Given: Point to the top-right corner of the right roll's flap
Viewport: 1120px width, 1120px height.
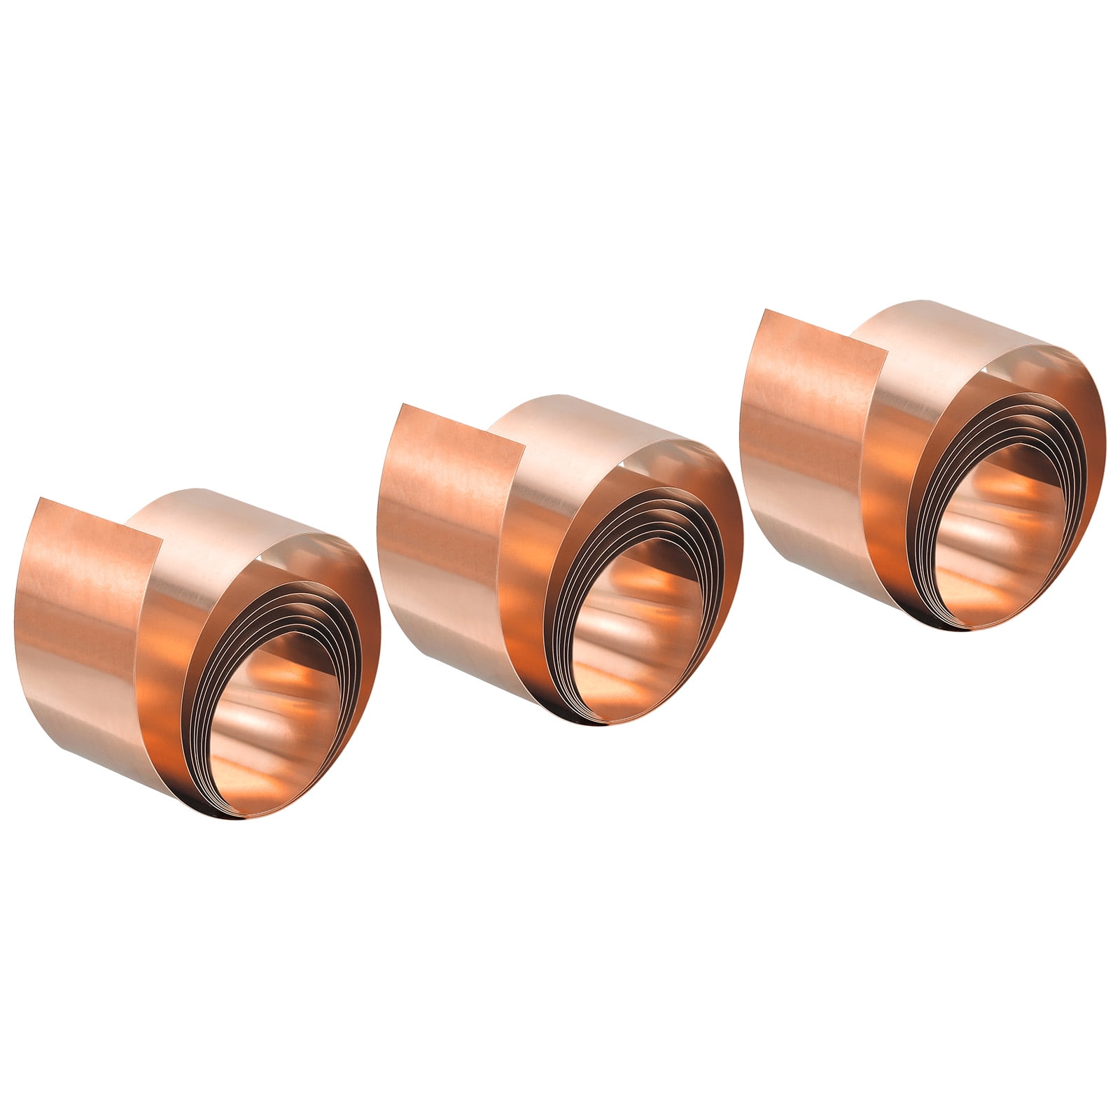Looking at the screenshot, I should (887, 349).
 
